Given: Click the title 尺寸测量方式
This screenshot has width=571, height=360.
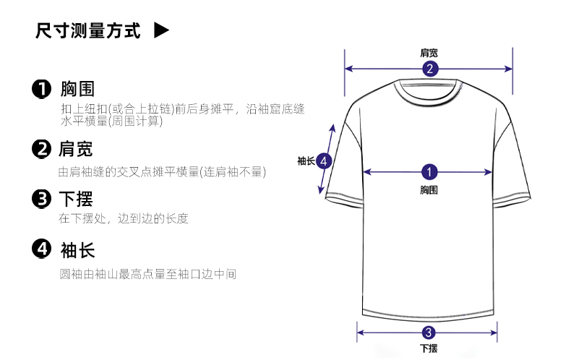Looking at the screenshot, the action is [88, 32].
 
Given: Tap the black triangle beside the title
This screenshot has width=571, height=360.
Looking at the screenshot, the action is [162, 31].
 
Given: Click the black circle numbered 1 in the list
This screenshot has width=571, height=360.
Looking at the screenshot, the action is [42, 90].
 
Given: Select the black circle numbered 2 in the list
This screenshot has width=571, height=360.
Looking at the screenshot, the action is [42, 150].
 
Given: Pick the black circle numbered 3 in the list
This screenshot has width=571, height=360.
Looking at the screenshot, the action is [42, 199].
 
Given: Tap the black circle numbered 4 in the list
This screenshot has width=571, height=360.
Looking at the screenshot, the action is [42, 250].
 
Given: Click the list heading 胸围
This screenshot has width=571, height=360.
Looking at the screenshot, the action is [78, 90].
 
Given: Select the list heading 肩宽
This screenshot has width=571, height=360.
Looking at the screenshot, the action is [76, 150].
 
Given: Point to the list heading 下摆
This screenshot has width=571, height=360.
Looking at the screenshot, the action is [76, 199].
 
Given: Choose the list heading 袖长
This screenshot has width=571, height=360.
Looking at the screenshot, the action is [78, 251].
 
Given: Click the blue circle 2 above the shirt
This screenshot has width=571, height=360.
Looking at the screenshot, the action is [429, 69].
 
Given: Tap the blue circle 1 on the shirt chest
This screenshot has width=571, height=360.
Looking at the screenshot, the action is [429, 172].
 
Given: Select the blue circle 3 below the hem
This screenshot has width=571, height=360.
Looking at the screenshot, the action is [429, 333].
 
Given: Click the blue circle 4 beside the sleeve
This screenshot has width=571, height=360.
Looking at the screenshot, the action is [324, 160].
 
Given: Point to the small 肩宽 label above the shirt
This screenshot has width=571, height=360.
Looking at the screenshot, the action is [429, 53].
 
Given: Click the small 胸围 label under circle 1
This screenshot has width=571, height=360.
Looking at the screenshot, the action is [429, 189].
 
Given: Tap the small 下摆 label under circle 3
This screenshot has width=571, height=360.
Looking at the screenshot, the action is [429, 348].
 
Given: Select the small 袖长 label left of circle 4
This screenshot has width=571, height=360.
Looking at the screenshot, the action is [306, 160].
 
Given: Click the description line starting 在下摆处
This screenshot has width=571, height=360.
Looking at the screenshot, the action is [124, 218].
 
